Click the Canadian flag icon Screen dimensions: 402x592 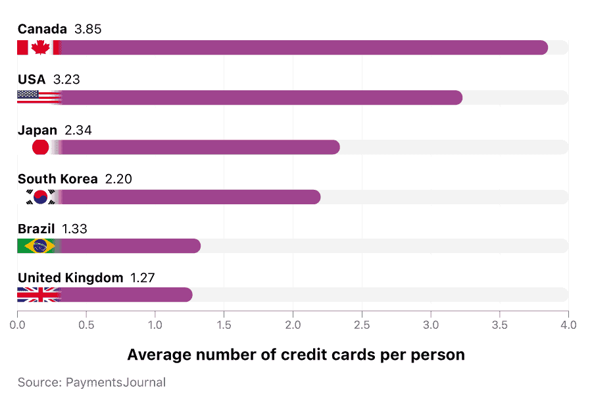39,47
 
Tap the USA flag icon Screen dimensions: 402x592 38,98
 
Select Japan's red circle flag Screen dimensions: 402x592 40,147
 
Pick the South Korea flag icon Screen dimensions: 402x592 40,196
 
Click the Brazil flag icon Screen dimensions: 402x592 37,246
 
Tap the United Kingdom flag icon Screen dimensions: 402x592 38,295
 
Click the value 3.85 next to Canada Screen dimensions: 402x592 88,30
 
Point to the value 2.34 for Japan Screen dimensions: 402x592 78,130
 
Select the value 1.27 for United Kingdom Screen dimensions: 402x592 142,277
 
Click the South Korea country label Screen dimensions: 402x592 57,179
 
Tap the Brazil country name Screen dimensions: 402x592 36,229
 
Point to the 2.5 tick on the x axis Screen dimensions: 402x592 362,325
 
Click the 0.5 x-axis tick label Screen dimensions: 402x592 86,325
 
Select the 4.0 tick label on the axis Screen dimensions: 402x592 568,325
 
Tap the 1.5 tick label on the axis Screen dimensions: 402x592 224,325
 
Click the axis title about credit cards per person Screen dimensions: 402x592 296,355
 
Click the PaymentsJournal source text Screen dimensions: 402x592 91,382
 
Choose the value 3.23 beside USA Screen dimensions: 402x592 66,80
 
